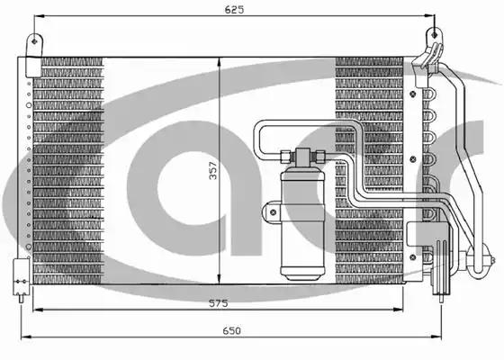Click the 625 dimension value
234,10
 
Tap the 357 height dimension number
212,171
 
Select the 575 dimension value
218,302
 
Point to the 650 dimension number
231,330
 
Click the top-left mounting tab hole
35,41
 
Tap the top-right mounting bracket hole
434,34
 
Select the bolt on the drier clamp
274,211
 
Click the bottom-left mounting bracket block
22,276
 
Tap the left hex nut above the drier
284,157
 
